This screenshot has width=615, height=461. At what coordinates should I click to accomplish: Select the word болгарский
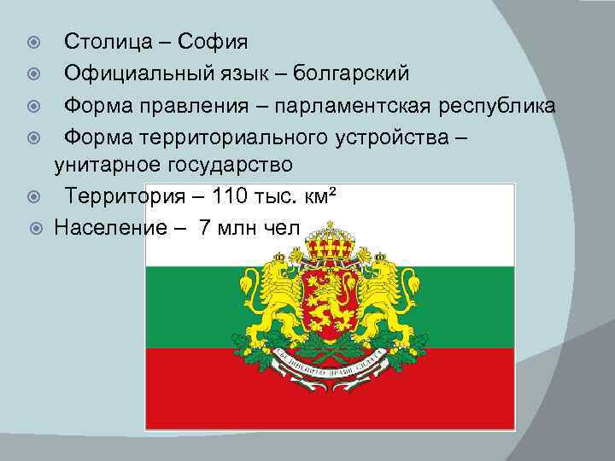pyautogui.click(x=351, y=73)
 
